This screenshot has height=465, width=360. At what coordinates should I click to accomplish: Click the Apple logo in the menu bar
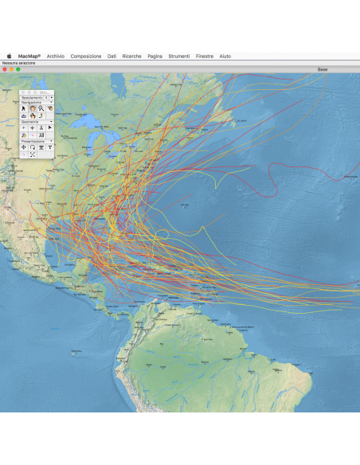[10, 57]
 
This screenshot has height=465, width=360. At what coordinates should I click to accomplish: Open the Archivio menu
[56, 57]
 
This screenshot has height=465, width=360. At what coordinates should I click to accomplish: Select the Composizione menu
[85, 57]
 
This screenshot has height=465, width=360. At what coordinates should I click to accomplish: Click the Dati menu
[112, 57]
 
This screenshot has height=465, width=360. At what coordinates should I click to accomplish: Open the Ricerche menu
[132, 57]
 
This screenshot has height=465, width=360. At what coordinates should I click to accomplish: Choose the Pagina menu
[155, 57]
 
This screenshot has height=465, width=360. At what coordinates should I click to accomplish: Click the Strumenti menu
[179, 57]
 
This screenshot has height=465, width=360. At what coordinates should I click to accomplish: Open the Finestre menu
[205, 57]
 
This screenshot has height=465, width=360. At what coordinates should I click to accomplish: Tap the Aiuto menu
[225, 57]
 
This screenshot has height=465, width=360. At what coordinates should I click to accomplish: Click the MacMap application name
[29, 57]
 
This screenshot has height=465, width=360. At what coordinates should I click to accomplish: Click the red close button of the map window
[5, 69]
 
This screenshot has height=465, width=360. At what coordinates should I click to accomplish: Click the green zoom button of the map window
[18, 69]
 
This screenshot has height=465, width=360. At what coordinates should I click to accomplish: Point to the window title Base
[323, 69]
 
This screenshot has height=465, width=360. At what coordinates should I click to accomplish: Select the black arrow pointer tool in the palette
[23, 108]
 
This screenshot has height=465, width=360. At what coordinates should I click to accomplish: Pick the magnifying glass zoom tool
[41, 108]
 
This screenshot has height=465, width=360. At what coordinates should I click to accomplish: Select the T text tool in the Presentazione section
[49, 147]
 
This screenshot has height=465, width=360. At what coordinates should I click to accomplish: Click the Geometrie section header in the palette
[31, 121]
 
